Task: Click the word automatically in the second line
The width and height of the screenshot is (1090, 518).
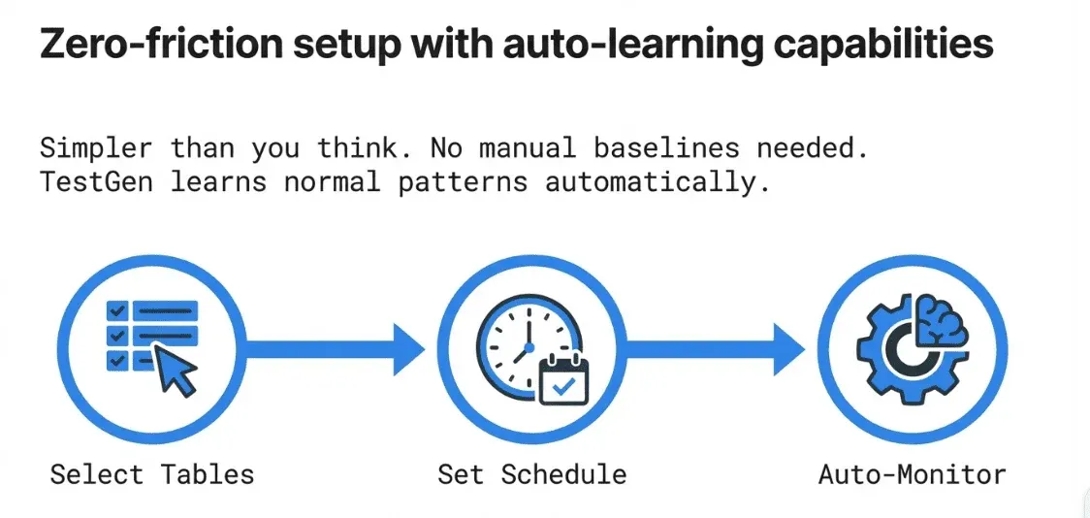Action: (x=657, y=183)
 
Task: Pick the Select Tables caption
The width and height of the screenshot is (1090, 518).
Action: (x=152, y=474)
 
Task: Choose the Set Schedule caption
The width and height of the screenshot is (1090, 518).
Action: (x=532, y=474)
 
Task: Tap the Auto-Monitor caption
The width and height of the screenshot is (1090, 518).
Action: (x=912, y=474)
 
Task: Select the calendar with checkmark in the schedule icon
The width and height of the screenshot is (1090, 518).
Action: (x=563, y=379)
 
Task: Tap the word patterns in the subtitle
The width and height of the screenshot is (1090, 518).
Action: (x=463, y=183)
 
